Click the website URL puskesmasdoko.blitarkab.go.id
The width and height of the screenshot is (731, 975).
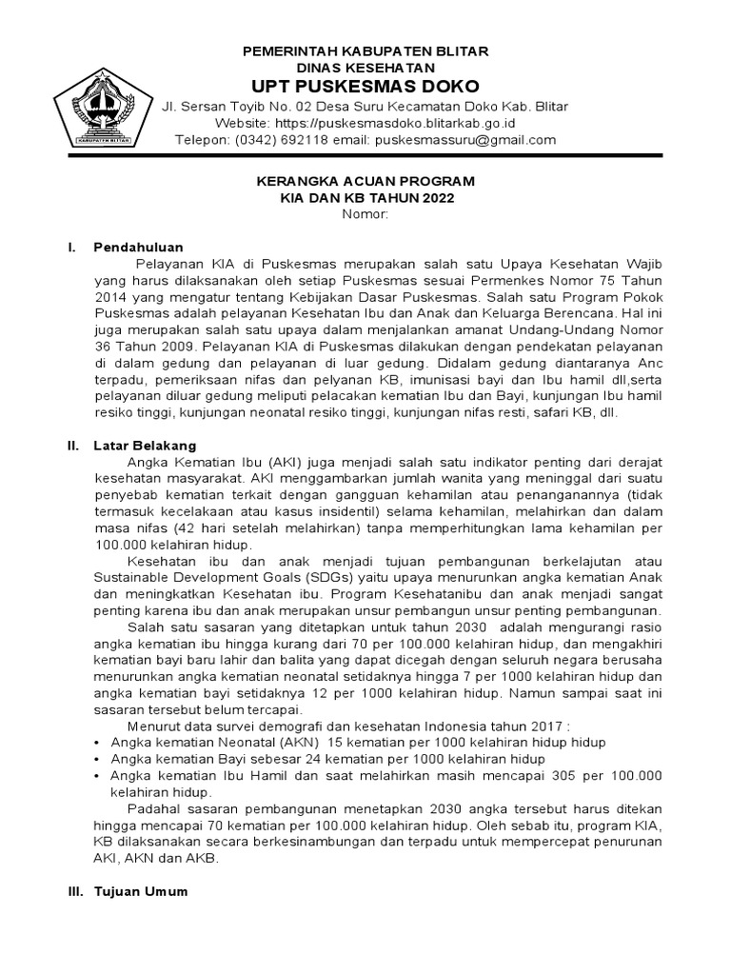pos(409,123)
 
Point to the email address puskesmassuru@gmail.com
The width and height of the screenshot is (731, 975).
pos(465,140)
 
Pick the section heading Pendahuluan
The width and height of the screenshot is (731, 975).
pos(138,247)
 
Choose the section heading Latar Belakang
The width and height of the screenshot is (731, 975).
pos(145,445)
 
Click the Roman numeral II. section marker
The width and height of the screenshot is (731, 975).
pos(71,445)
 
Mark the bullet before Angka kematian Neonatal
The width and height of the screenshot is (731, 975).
pos(100,742)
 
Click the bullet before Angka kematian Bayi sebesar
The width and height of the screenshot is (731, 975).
pos(100,759)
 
